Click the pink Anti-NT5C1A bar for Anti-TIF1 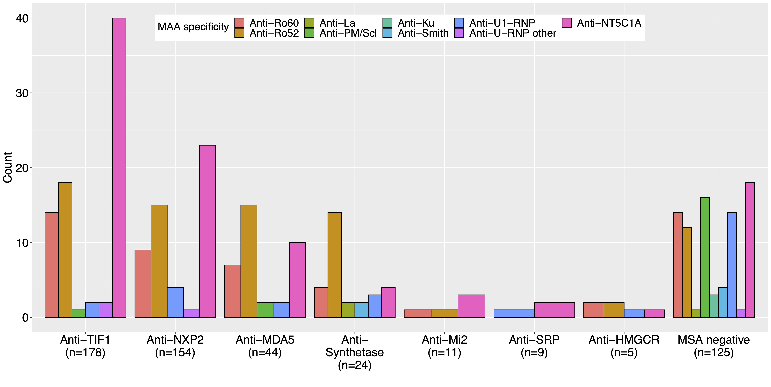click(119, 167)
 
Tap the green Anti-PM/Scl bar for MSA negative click(705, 257)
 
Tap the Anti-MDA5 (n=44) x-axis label click(265, 346)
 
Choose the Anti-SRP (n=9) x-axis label click(534, 346)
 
